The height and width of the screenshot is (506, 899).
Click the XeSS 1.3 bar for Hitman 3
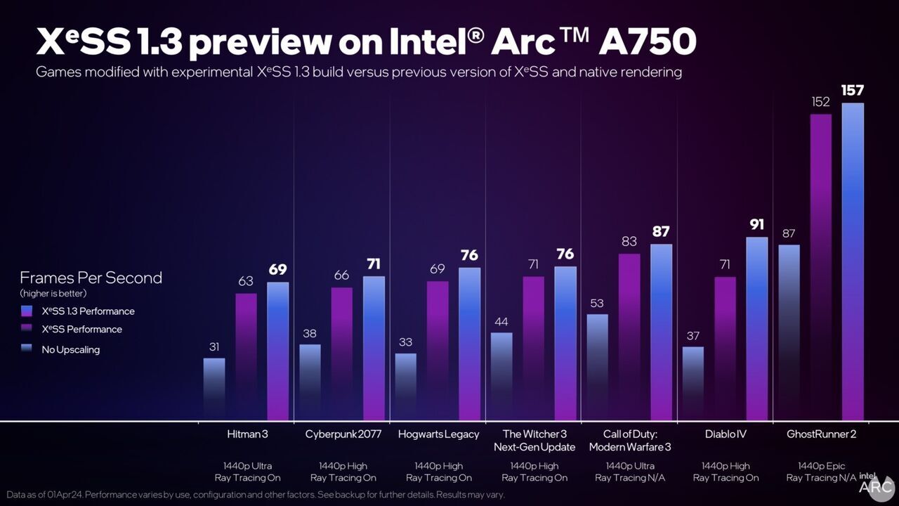click(x=278, y=351)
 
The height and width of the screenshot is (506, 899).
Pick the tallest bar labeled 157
click(x=853, y=260)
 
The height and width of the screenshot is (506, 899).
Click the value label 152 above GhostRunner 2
click(x=820, y=102)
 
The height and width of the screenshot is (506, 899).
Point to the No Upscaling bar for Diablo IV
click(x=693, y=383)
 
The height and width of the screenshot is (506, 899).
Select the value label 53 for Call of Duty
click(x=597, y=304)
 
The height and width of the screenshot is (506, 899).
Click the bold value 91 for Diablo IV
click(x=757, y=226)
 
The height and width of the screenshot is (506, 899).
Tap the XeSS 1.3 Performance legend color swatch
click(x=27, y=311)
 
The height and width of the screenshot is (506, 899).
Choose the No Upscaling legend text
click(x=70, y=349)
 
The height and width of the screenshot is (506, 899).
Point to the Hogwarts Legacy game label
click(x=438, y=434)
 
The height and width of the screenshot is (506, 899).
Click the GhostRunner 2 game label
click(x=821, y=434)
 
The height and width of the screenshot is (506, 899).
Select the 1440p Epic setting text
click(x=821, y=466)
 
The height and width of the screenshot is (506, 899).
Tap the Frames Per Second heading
click(x=91, y=278)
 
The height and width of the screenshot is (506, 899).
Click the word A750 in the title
click(x=647, y=44)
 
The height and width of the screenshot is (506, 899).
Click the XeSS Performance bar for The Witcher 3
click(x=533, y=348)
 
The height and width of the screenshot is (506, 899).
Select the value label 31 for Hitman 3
click(x=214, y=346)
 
